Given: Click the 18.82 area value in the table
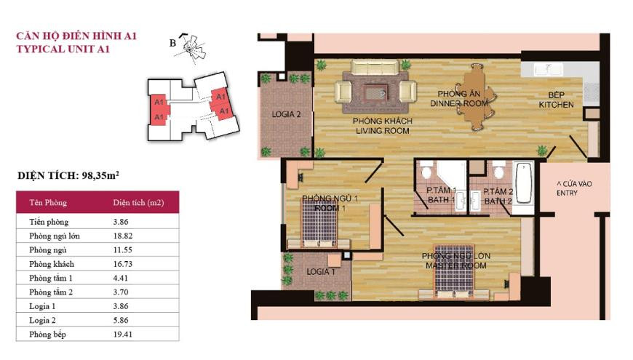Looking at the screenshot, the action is [x=123, y=236].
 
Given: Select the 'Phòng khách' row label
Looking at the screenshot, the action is [x=52, y=264].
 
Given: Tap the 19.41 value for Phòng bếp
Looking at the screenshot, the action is [x=123, y=335].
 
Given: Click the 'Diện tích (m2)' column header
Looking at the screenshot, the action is [x=138, y=203].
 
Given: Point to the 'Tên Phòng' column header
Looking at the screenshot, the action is [x=48, y=203].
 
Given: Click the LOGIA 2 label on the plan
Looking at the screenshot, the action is [x=286, y=115].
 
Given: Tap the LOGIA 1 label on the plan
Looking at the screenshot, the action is [x=321, y=271].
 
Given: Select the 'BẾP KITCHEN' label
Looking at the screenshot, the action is [x=556, y=100].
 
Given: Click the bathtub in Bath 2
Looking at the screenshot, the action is [x=525, y=183].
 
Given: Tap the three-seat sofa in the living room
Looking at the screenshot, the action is [x=374, y=67].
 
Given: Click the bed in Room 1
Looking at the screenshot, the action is [x=319, y=223].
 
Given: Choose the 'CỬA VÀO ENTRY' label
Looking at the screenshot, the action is [x=574, y=188].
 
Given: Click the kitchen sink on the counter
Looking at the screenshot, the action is [x=548, y=69].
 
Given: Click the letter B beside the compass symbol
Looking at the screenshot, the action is [x=172, y=43].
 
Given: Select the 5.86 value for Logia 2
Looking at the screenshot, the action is [x=121, y=321].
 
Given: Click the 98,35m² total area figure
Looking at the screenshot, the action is [x=100, y=175].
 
